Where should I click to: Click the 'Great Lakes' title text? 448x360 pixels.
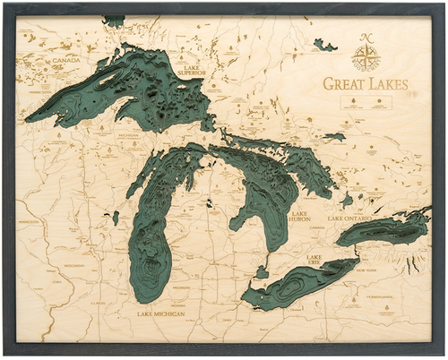366,84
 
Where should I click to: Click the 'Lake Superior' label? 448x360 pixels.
192,69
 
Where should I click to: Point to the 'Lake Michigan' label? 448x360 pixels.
161,314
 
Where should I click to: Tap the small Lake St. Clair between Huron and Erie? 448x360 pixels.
262,271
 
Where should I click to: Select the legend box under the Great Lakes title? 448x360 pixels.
366,102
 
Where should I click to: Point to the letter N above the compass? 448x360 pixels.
366,38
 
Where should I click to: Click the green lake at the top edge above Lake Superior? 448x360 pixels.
114,20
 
